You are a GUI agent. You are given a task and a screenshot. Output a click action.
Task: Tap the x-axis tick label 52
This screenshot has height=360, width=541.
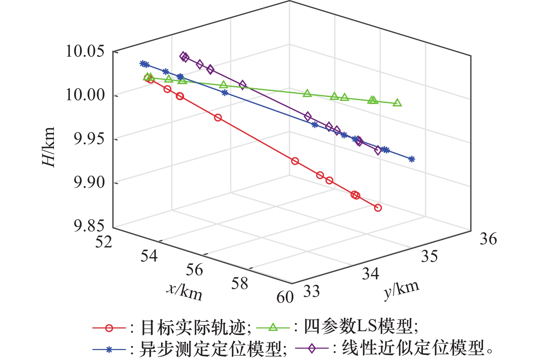pyautogui.click(x=104, y=242)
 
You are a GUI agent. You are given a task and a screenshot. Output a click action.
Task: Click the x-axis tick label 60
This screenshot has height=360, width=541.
pyautogui.click(x=285, y=297)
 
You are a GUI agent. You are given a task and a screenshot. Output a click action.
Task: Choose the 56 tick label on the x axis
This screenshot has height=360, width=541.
pyautogui.click(x=194, y=270)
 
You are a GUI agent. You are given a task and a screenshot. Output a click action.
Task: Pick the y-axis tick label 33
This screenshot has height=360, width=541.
pyautogui.click(x=312, y=292)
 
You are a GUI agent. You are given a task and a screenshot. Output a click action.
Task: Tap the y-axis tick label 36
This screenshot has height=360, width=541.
pyautogui.click(x=488, y=239)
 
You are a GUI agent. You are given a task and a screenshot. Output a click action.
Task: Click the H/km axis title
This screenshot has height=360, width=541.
pyautogui.click(x=48, y=147)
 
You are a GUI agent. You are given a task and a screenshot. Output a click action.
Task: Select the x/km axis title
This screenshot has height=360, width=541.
pyautogui.click(x=185, y=292)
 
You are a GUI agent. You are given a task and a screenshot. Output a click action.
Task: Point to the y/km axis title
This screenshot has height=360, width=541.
pyautogui.click(x=401, y=290)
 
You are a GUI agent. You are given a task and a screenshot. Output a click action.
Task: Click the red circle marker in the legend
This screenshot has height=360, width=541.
pyautogui.click(x=109, y=328)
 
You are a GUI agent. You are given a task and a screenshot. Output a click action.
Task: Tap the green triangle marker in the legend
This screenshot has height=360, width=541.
pyautogui.click(x=273, y=327)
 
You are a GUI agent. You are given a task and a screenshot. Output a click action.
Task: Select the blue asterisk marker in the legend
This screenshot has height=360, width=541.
pyautogui.click(x=109, y=349)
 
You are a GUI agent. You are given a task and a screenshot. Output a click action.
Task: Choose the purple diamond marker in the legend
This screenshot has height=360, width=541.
pyautogui.click(x=312, y=349)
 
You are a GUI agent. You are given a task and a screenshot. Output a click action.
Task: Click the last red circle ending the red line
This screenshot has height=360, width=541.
pyautogui.click(x=378, y=208)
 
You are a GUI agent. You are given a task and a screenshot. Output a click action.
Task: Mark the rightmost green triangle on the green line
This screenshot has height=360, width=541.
pyautogui.click(x=397, y=103)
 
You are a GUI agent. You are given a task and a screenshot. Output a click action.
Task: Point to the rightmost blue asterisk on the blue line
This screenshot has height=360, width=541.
pyautogui.click(x=412, y=159)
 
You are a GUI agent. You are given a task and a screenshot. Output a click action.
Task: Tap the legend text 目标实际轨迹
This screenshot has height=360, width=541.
pyautogui.click(x=194, y=328)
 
